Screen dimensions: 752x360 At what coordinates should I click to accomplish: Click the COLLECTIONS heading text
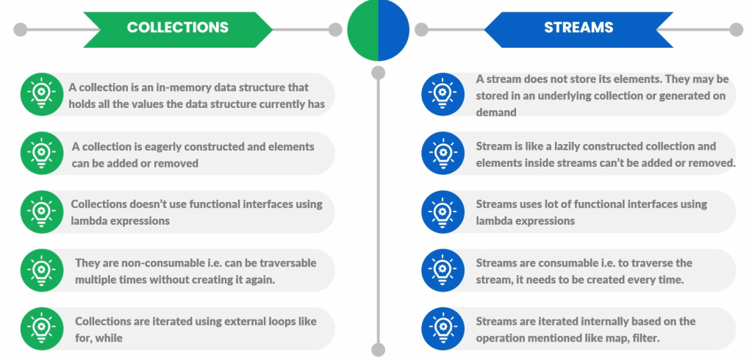pyautogui.click(x=177, y=27)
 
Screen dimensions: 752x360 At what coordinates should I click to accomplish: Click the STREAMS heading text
pyautogui.click(x=579, y=27)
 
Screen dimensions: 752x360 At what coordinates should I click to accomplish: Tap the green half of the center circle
pyautogui.click(x=363, y=29)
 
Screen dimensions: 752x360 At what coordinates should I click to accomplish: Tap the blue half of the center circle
pyautogui.click(x=394, y=29)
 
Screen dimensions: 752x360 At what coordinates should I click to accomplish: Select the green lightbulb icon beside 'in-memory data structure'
pyautogui.click(x=42, y=94)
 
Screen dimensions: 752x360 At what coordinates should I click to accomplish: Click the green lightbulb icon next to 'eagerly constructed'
pyautogui.click(x=42, y=153)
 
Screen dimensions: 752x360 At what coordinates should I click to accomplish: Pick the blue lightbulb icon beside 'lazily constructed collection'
pyautogui.click(x=443, y=153)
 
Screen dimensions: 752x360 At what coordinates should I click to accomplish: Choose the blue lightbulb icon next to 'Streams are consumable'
pyautogui.click(x=443, y=270)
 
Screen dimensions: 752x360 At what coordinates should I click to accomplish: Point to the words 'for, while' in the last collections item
pyautogui.click(x=99, y=338)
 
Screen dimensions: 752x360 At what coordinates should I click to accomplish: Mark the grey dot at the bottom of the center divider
pyautogui.click(x=379, y=350)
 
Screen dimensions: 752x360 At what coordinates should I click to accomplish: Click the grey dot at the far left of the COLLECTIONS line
pyautogui.click(x=20, y=29)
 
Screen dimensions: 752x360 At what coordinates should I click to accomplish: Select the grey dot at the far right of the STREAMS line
pyautogui.click(x=736, y=29)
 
